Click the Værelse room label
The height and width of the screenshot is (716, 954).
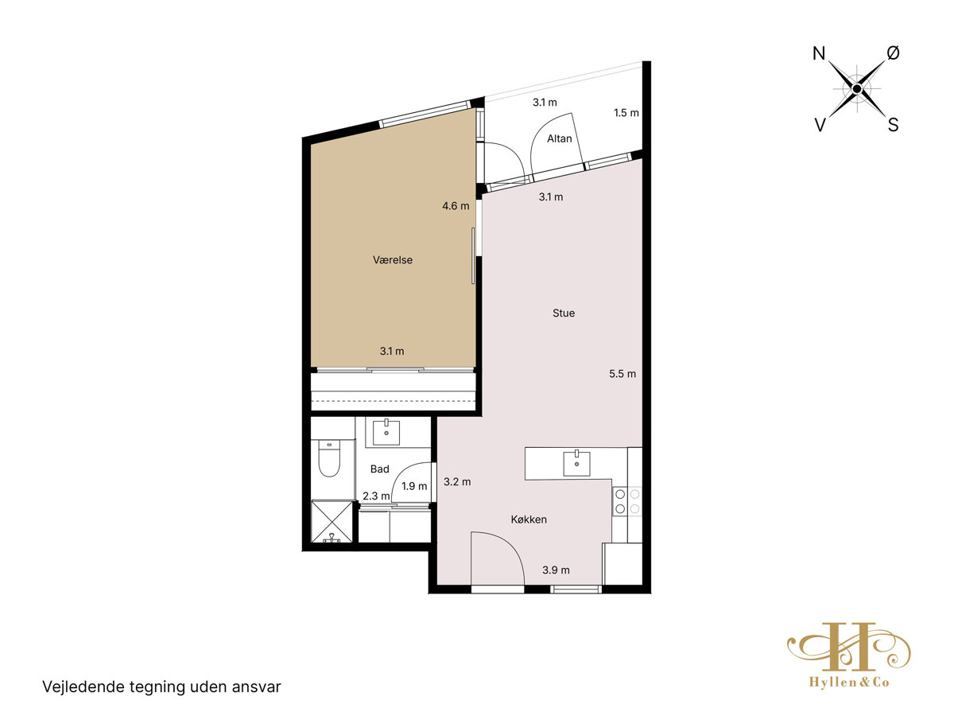click(x=393, y=260)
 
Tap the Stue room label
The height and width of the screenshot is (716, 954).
click(x=564, y=313)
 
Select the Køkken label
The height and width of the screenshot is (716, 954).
click(x=529, y=519)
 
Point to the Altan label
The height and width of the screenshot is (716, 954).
click(x=559, y=138)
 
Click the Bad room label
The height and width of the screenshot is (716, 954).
click(x=379, y=469)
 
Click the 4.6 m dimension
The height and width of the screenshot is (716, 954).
click(x=456, y=205)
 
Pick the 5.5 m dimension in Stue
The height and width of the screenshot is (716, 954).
click(x=622, y=373)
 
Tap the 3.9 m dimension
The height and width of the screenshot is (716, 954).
click(x=556, y=570)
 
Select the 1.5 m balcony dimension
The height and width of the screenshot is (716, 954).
click(x=626, y=113)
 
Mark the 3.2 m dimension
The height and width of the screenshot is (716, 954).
click(x=457, y=481)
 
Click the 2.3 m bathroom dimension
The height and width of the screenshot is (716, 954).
click(x=376, y=496)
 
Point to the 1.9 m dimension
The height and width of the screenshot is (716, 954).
click(x=413, y=485)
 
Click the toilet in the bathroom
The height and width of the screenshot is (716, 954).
click(x=329, y=457)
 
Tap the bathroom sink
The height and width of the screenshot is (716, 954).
click(x=386, y=432)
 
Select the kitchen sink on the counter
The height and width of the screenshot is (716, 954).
click(x=576, y=464)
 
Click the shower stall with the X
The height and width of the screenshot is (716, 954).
click(x=332, y=522)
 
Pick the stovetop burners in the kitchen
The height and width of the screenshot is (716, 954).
click(x=627, y=501)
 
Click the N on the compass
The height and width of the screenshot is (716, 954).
click(x=819, y=53)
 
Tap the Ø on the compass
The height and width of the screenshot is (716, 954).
click(x=893, y=53)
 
